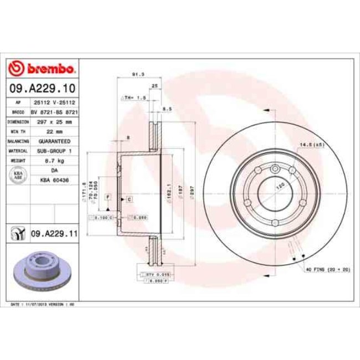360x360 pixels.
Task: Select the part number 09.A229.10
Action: pyautogui.click(x=42, y=88)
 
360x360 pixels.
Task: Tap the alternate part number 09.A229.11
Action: pyautogui.click(x=53, y=234)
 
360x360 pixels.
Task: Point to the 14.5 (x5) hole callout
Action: pyautogui.click(x=312, y=145)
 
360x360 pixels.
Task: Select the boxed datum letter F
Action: pyautogui.click(x=109, y=197)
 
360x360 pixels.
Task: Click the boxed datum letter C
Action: pyautogui.click(x=128, y=198)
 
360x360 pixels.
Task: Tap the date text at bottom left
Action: pyautogui.click(x=43, y=305)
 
